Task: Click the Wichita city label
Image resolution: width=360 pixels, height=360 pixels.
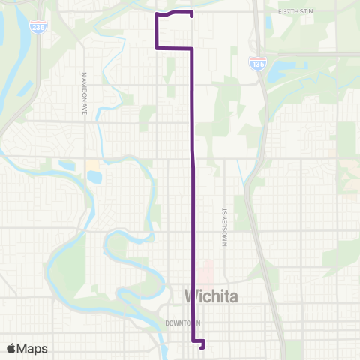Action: pos(211,297)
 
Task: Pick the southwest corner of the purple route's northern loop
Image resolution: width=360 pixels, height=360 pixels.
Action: pos(157,48)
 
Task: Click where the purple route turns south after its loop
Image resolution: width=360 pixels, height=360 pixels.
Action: pos(193,49)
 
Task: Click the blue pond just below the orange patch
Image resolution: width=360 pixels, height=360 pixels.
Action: pos(94,178)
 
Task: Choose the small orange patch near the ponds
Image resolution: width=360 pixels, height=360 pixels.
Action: pos(93,163)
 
